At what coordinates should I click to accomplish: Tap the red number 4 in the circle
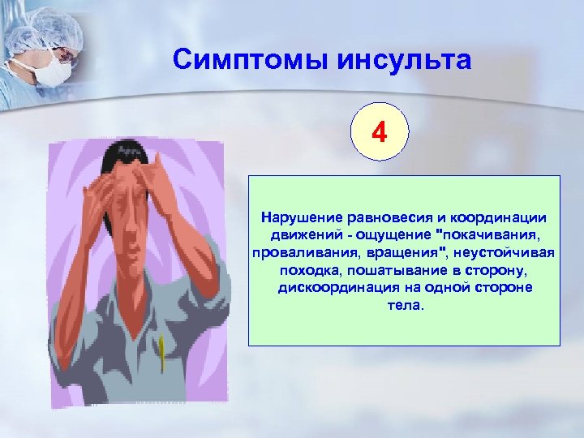(380, 131)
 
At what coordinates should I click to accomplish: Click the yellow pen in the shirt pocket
(162, 348)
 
